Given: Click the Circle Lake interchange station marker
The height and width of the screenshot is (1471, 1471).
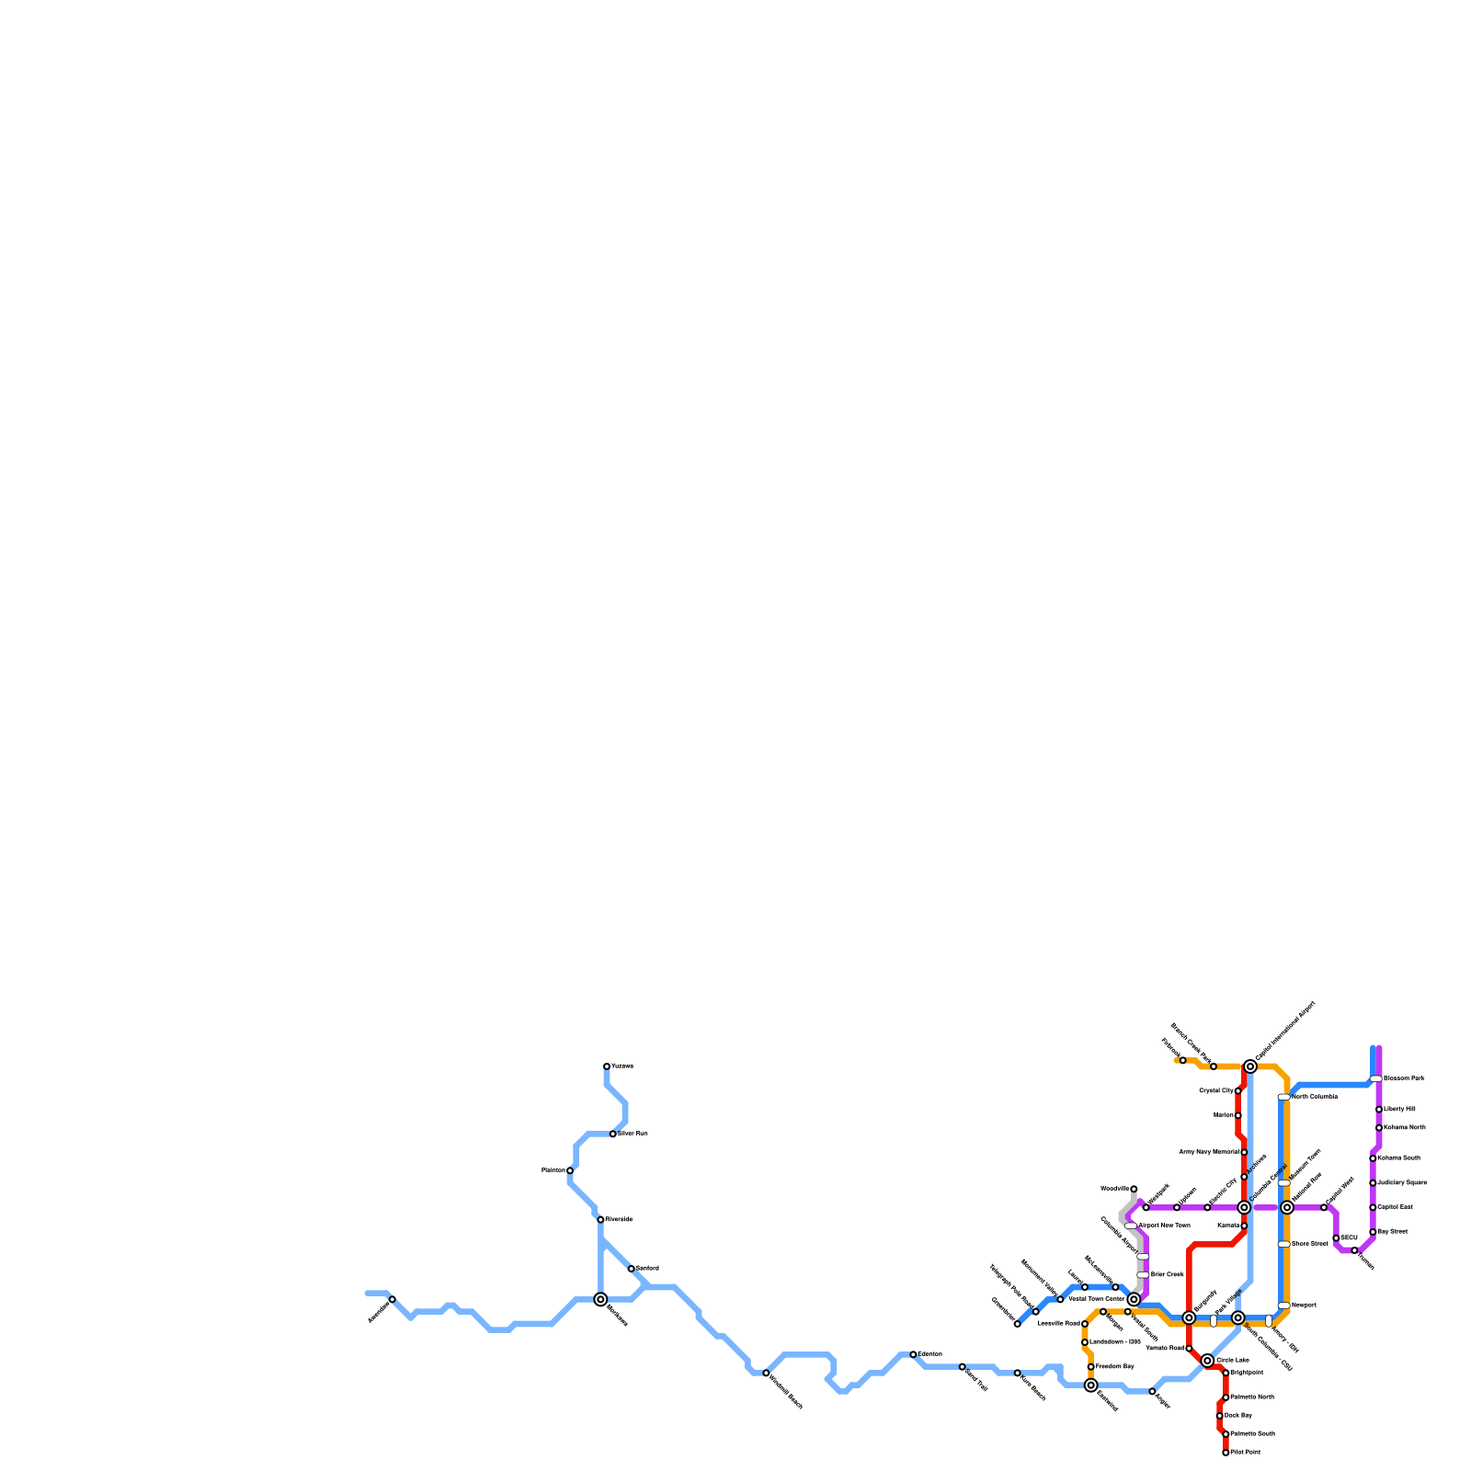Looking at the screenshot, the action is [1207, 1361].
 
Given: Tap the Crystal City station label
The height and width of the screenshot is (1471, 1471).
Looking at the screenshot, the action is [1216, 1091].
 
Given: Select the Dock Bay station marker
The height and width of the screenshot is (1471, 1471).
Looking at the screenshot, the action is [1220, 1416].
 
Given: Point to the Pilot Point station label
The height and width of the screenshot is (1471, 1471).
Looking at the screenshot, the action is [1245, 1453].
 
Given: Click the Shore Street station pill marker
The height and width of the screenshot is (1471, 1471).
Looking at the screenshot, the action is [1283, 1244].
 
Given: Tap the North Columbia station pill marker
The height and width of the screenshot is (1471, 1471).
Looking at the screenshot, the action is [1283, 1097].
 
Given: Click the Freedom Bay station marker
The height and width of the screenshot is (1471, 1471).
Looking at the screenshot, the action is [1091, 1367].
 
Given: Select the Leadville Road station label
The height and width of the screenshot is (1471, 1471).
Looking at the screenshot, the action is [1058, 1324].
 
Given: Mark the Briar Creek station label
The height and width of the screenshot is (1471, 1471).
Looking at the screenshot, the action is [1167, 1275].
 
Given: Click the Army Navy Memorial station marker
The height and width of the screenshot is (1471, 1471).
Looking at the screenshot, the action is [1244, 1152].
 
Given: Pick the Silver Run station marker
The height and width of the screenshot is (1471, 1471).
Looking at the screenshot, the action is [613, 1134].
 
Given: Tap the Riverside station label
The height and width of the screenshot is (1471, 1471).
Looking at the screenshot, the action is [619, 1220].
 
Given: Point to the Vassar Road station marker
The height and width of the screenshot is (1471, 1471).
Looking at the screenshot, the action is [1189, 1349].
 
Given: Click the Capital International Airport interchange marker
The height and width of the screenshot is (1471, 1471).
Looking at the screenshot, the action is [1250, 1066].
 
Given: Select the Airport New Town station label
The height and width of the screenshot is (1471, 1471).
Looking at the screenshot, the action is [1164, 1226].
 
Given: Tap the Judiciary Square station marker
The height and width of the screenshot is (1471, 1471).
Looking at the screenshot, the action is [1373, 1183].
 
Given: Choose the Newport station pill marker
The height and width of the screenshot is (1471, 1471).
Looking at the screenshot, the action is [1283, 1306].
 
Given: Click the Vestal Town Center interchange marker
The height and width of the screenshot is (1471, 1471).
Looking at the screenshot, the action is [1134, 1299].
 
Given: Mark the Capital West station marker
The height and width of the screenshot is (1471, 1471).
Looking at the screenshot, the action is [1324, 1207].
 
